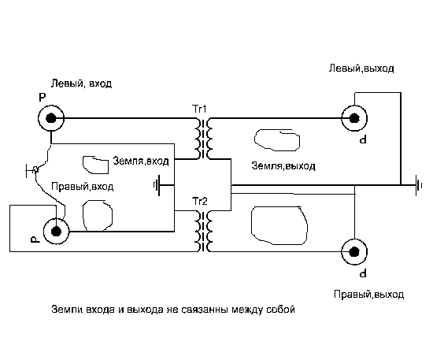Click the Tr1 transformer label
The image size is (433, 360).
coord(199,109)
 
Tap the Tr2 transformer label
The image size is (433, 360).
coord(199,201)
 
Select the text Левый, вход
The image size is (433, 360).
coord(81,84)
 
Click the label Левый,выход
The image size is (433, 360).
coord(361,68)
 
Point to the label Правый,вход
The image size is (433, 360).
coord(83,187)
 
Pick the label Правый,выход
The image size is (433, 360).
coord(368,295)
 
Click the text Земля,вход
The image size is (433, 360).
coord(141,161)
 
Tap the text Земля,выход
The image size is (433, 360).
coord(283,165)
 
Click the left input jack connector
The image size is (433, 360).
coord(51,118)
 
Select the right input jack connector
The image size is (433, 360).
coord(57,231)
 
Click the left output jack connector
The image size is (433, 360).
coord(354,118)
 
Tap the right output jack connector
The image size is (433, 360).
coord(354,252)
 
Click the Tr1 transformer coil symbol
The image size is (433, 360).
coord(203,139)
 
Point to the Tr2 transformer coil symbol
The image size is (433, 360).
coord(203,231)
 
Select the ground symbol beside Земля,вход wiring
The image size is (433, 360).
coord(157,185)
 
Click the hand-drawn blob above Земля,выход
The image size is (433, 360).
coord(277,139)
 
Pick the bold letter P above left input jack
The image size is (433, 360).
coord(43,97)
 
